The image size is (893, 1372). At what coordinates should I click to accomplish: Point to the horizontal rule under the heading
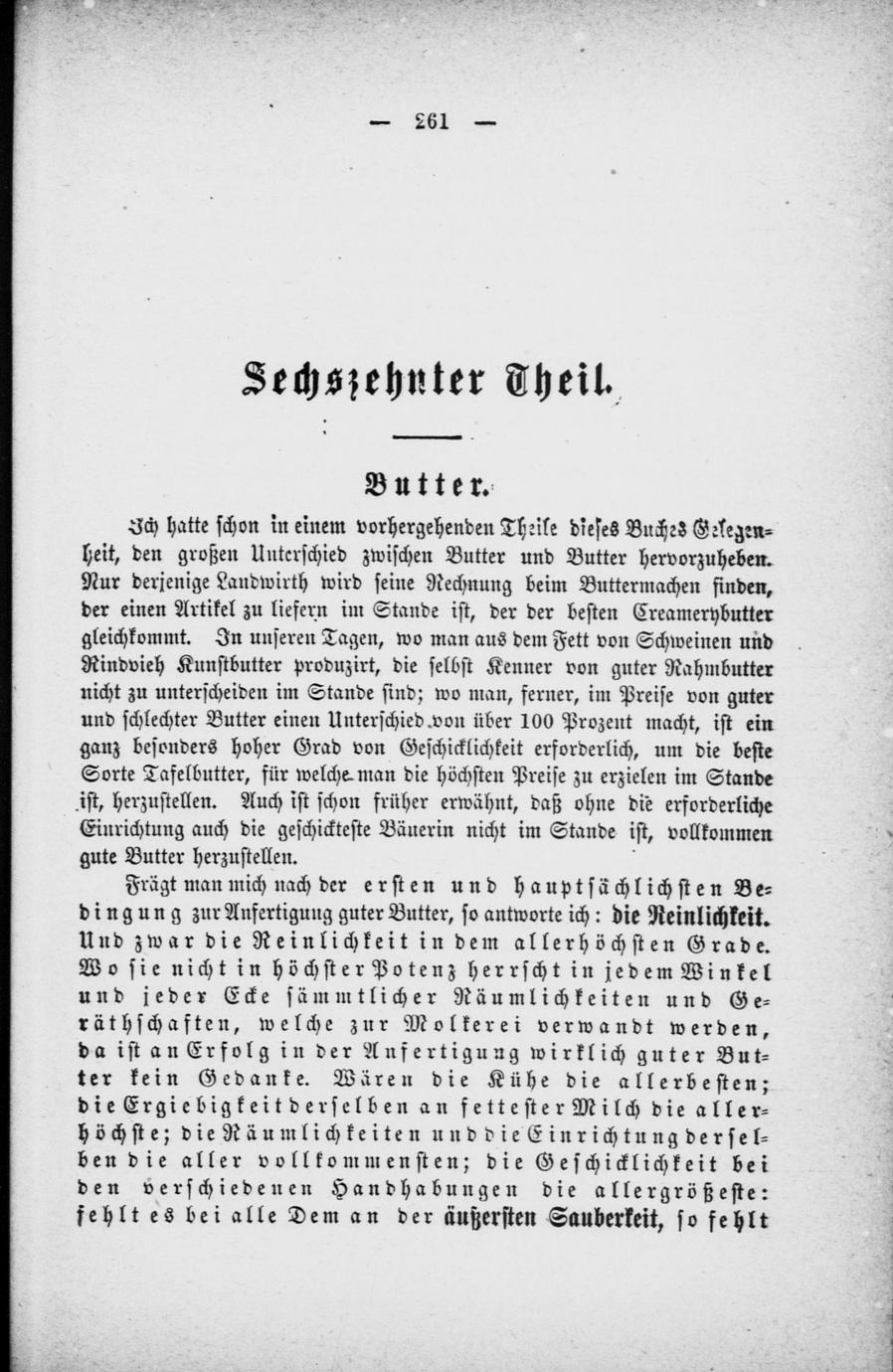point(427,436)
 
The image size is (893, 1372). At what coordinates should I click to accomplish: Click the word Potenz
point(388,967)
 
